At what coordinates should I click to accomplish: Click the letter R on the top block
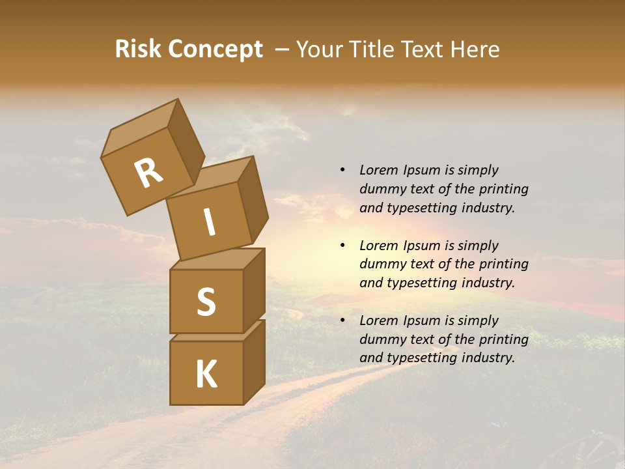click(x=148, y=173)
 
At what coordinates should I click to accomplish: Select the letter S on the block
click(x=206, y=302)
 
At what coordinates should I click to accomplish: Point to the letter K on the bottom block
click(x=206, y=375)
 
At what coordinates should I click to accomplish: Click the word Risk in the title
click(x=137, y=50)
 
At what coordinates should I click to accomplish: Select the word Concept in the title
click(x=215, y=50)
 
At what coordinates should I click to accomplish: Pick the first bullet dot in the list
click(x=342, y=171)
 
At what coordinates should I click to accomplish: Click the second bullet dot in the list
click(x=342, y=246)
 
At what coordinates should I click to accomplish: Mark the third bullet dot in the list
click(x=342, y=320)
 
